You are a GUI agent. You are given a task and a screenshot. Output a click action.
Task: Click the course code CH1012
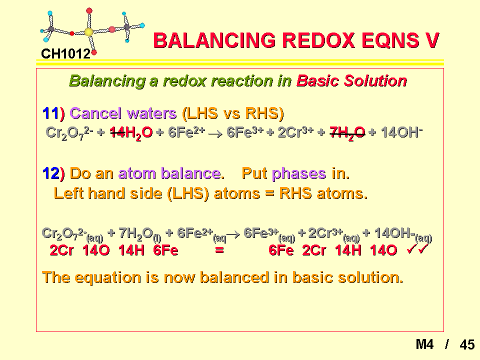(65, 54)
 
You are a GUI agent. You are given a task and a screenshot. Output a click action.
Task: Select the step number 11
(50, 113)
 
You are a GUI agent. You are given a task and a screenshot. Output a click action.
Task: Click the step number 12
(50, 173)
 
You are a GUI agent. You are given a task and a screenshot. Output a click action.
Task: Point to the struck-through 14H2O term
(131, 133)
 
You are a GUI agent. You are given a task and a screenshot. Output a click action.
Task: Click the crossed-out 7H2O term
(347, 133)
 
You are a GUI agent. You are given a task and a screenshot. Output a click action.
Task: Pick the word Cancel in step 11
(95, 113)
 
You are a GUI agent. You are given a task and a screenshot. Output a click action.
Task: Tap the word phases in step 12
(299, 173)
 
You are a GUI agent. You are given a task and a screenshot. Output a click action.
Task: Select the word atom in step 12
(137, 173)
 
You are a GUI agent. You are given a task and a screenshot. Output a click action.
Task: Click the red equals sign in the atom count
(219, 250)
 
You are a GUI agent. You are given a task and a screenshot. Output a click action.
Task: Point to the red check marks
(417, 249)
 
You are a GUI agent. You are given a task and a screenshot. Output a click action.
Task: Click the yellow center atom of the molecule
(88, 32)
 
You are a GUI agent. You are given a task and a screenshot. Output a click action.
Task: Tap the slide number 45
(467, 344)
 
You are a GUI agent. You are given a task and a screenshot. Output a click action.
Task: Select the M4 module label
(424, 344)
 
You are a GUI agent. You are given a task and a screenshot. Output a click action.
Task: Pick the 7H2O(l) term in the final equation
(140, 234)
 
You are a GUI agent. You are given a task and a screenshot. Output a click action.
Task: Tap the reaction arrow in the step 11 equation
(215, 134)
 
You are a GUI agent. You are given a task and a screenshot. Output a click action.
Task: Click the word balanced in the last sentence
(235, 277)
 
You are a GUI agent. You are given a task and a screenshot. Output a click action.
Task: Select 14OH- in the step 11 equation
(401, 132)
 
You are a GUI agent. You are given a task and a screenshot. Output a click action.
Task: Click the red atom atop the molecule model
(89, 11)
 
